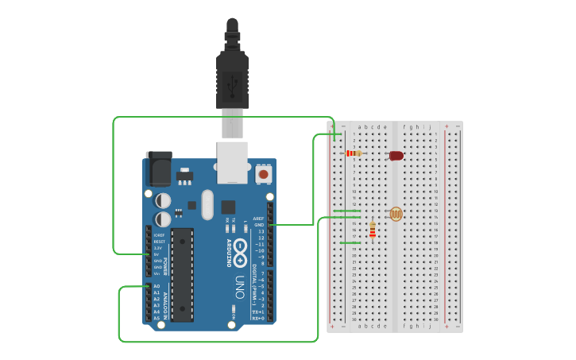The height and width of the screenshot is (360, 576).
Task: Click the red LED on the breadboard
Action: point(396,156)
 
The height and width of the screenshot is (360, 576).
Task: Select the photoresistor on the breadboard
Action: point(396,214)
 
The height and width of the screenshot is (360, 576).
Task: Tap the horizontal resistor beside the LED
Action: point(354,153)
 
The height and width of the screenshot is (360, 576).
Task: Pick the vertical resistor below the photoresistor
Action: point(372,230)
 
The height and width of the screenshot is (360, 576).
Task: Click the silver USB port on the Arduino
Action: point(232,162)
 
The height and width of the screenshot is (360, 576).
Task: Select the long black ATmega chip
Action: point(182,274)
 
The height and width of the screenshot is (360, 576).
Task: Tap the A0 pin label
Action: point(157,286)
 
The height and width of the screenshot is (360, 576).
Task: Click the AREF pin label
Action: point(258,219)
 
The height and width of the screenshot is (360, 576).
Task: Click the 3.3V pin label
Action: point(158,248)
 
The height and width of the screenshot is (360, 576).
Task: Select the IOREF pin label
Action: point(159,235)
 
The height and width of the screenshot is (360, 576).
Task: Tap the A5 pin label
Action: point(157,318)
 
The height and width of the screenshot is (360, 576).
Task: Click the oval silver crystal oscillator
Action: point(207,204)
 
